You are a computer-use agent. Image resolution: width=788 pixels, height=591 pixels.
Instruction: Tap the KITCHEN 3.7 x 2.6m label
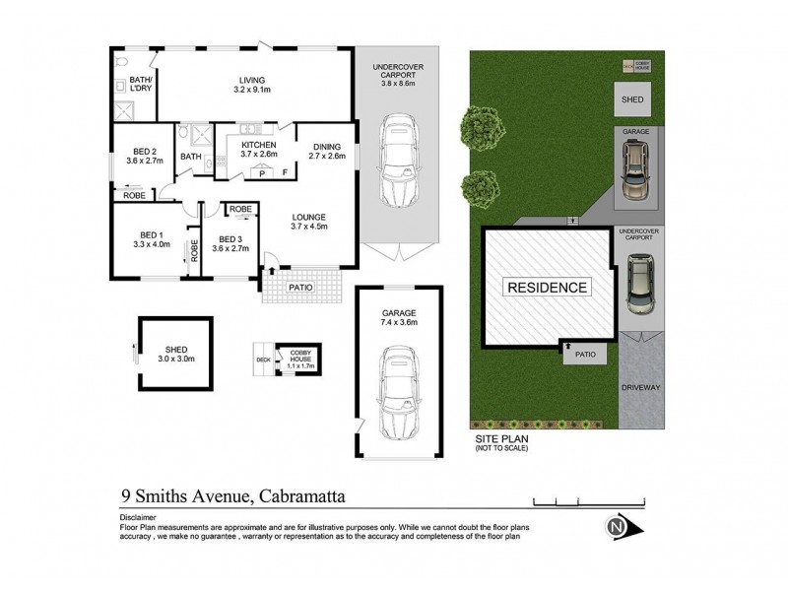point(253,149)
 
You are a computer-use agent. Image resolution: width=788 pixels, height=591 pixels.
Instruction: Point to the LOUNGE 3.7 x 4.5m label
point(307,222)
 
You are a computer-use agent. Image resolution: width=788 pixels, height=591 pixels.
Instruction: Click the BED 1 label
point(155,239)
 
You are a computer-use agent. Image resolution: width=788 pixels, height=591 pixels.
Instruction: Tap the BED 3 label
point(233,244)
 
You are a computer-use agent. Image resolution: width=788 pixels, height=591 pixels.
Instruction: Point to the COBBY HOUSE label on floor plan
point(298,359)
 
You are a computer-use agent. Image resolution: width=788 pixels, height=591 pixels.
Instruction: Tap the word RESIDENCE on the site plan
point(549,289)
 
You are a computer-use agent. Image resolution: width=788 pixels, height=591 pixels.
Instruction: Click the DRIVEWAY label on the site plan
point(641,387)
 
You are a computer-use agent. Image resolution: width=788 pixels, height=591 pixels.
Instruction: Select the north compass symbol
point(618,528)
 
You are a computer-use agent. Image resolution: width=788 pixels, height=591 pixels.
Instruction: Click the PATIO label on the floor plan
point(300,288)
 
